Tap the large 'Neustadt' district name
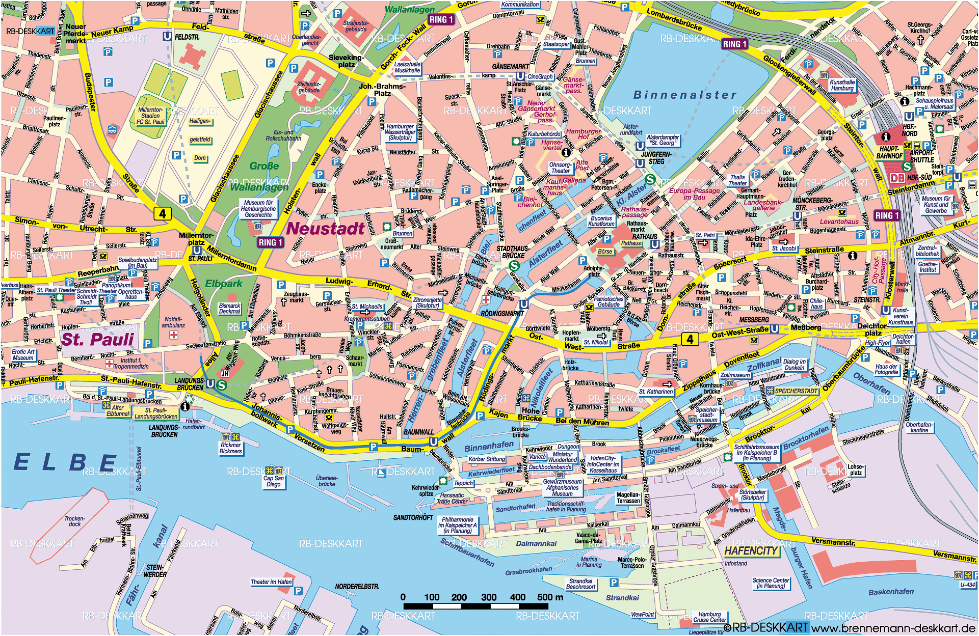(325, 229)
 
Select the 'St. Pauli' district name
(97, 339)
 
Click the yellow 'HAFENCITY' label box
(751, 550)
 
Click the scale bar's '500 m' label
(550, 597)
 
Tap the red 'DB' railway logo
(897, 178)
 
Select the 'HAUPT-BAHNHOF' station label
(889, 153)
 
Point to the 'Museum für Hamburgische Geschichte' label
(258, 209)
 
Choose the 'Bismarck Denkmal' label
(229, 309)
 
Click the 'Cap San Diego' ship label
(274, 481)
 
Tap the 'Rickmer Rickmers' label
(231, 448)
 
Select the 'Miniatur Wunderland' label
(562, 457)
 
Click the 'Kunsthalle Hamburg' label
(842, 85)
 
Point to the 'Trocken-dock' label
(74, 521)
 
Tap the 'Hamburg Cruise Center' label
(709, 617)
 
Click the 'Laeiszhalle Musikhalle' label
(407, 67)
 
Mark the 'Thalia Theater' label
(737, 180)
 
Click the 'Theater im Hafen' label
(271, 582)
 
